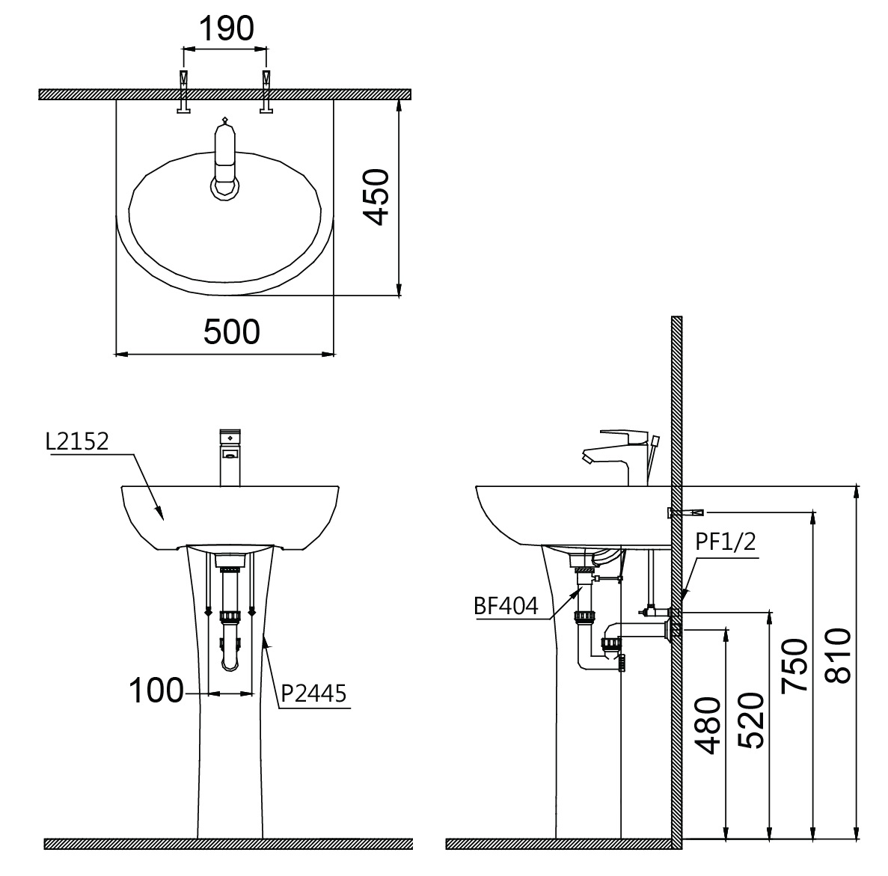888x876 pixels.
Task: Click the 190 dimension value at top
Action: coord(225,28)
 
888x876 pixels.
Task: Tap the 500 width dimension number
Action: coord(232,331)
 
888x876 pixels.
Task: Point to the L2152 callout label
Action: coord(76,441)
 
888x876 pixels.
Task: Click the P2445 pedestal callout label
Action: coord(313,694)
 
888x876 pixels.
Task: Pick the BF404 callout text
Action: coord(506,606)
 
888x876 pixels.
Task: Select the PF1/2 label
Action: coord(724,544)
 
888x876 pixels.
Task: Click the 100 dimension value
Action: coord(156,690)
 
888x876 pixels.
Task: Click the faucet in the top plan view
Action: coord(225,161)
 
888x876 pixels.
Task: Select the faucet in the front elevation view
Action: coord(230,457)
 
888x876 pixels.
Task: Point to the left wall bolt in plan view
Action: coord(183,93)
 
